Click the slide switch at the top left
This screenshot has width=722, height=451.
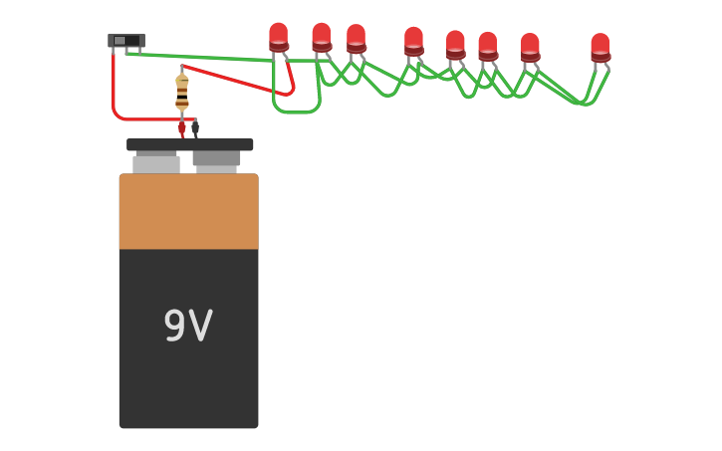[125, 41]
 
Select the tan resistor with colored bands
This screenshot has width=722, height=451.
[182, 92]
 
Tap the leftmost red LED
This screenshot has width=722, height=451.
[279, 37]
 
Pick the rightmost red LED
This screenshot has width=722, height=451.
[601, 47]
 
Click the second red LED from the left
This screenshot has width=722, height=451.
[322, 37]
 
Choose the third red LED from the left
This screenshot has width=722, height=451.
[356, 39]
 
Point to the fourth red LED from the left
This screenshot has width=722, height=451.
[413, 41]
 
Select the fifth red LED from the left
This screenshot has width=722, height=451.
[455, 45]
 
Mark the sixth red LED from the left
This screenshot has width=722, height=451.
[487, 46]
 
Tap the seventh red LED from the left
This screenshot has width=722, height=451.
[530, 47]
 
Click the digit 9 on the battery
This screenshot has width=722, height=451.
[174, 327]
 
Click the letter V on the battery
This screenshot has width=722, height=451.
[200, 327]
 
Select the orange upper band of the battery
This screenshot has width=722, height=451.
[188, 212]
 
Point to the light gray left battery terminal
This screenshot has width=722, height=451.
[156, 163]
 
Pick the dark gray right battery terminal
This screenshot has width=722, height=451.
[216, 158]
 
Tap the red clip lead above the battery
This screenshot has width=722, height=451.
[181, 127]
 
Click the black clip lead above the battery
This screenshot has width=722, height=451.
[195, 128]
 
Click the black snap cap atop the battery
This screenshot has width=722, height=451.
[189, 144]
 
